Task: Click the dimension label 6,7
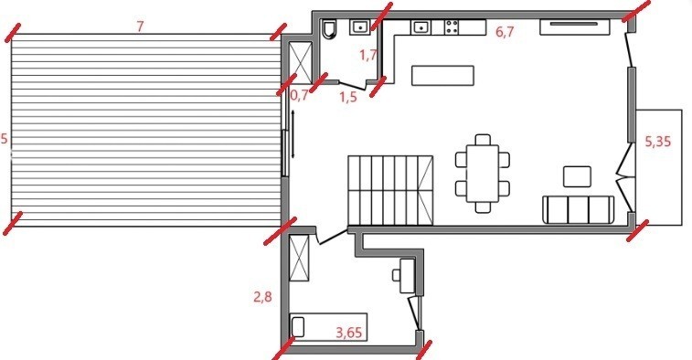[505, 32]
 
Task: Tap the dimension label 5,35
[657, 142]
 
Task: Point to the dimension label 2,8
[262, 297]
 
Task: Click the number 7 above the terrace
[140, 26]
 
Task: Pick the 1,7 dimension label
[368, 56]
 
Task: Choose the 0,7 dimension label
[300, 95]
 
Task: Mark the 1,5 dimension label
[347, 97]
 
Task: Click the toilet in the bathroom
[329, 27]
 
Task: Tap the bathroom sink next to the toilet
[361, 27]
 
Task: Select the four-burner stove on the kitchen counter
[452, 27]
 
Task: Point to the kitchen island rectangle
[442, 75]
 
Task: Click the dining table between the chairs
[483, 173]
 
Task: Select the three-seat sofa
[578, 209]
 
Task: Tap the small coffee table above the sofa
[577, 176]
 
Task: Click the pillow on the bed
[298, 326]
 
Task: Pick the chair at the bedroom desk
[396, 275]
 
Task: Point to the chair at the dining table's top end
[483, 140]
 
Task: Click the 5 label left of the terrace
[4, 140]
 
